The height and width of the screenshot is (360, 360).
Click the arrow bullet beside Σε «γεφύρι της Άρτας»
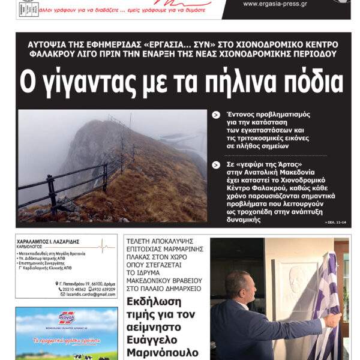pyautogui.click(x=216, y=165)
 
